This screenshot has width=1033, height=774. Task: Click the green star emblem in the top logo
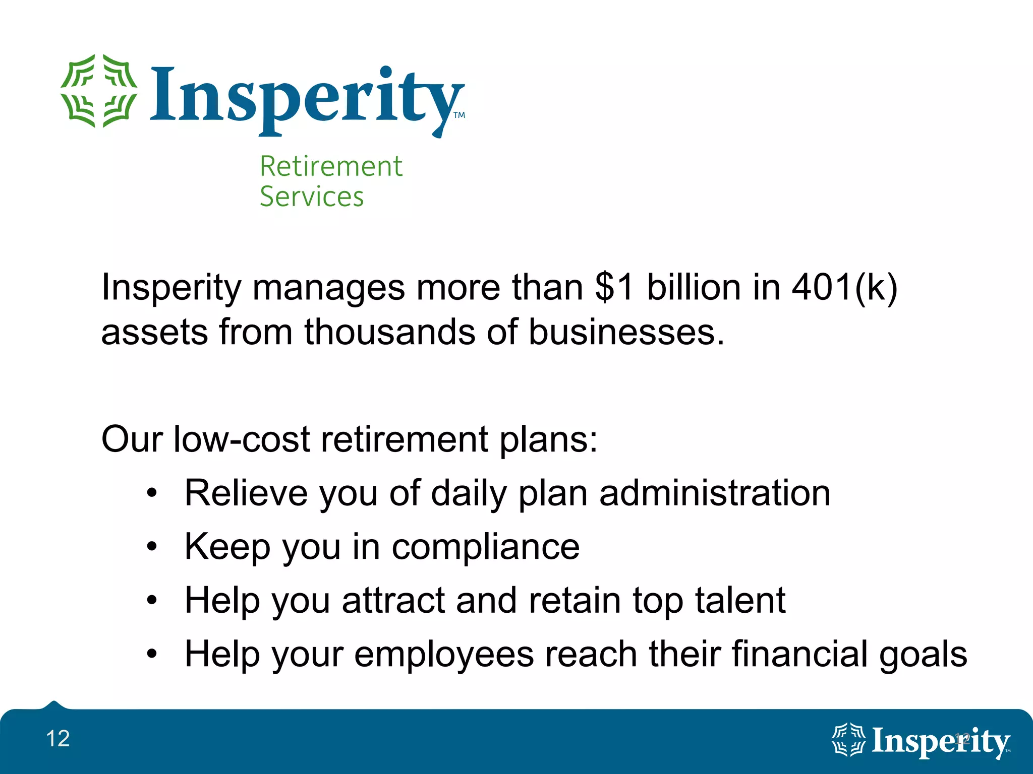99,91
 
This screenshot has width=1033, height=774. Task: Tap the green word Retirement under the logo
331,166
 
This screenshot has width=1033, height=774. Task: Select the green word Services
312,197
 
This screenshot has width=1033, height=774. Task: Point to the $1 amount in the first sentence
614,287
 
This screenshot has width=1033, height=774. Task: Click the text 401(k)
844,288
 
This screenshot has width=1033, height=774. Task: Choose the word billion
693,287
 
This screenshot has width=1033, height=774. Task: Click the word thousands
389,333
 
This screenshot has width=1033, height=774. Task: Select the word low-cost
241,439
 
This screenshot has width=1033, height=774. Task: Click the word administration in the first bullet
715,493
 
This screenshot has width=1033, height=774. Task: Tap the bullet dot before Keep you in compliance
152,547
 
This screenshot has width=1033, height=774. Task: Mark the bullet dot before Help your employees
152,654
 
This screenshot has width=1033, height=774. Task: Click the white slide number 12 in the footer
58,739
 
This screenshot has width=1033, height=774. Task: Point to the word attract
393,601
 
